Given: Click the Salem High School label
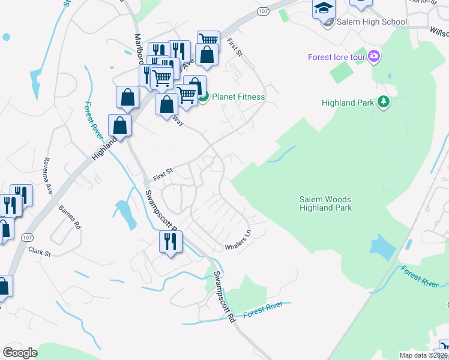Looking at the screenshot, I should coord(372,22).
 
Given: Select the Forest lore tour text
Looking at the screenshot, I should coord(337,58).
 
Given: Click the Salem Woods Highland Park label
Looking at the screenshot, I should coord(325,203).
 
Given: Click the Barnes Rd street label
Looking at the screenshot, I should coord(69,217).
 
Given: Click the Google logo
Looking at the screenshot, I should coord(20,353).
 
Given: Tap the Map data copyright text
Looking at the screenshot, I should coord(423,355).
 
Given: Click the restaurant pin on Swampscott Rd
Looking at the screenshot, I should coord(170,242).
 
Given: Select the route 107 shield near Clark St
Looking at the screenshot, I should coord(26,238).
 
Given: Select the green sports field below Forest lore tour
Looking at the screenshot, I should coord(342,74).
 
